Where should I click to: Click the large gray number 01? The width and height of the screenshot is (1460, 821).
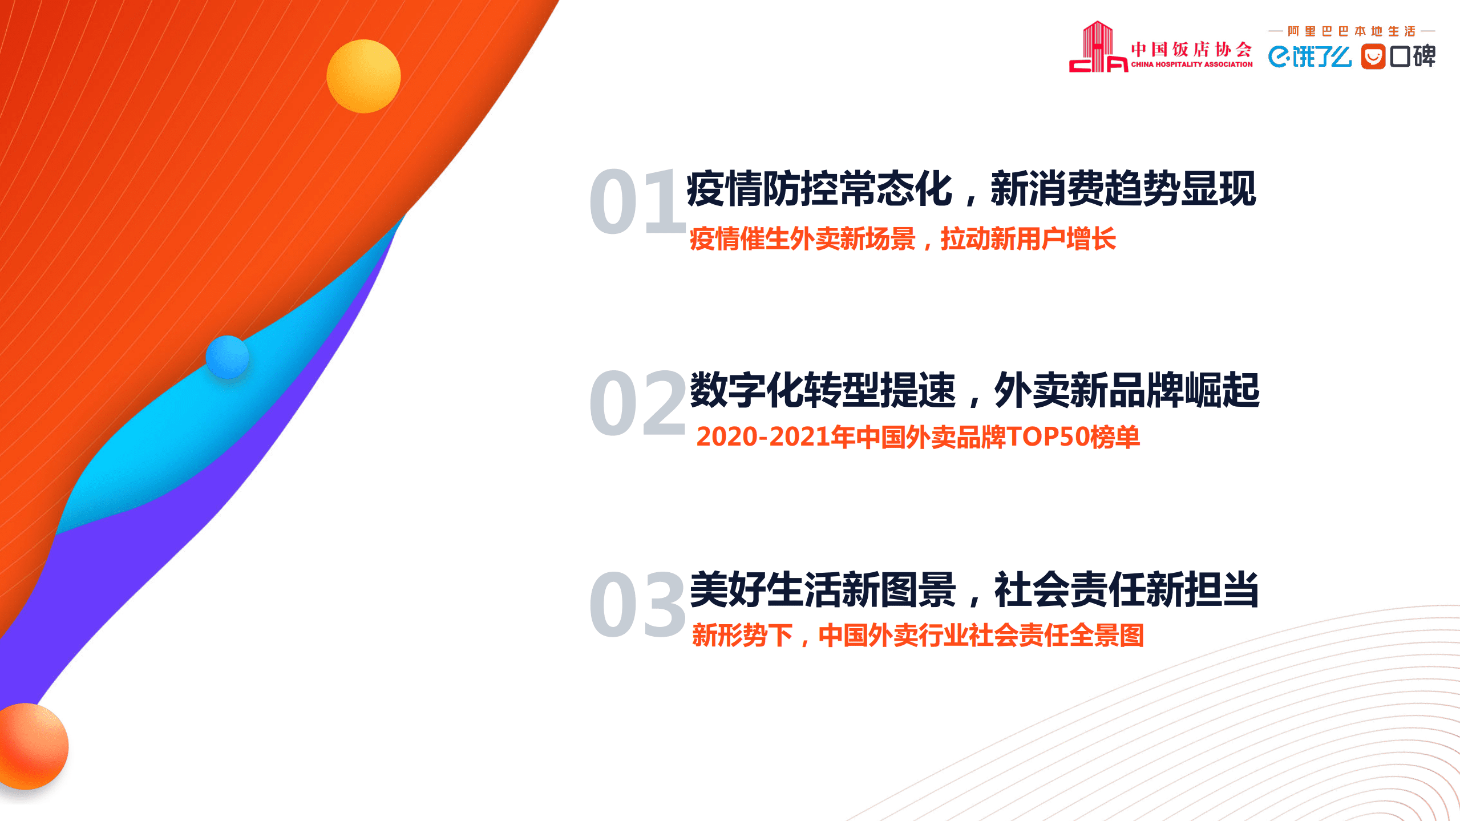click(x=637, y=201)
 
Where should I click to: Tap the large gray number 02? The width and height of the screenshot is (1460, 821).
click(x=637, y=402)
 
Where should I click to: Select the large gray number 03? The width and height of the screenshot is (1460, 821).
click(x=637, y=604)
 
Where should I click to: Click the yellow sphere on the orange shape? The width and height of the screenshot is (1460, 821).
click(x=363, y=76)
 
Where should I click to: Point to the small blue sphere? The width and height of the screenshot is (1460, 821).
click(x=227, y=357)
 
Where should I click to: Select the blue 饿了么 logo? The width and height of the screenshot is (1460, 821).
click(x=1309, y=56)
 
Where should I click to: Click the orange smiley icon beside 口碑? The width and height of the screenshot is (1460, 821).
click(x=1373, y=56)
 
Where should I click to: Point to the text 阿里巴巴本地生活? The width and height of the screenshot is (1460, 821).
click(x=1352, y=31)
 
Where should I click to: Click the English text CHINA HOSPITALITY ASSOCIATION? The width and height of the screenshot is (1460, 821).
click(x=1192, y=64)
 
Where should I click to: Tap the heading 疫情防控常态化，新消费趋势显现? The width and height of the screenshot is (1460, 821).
click(x=971, y=189)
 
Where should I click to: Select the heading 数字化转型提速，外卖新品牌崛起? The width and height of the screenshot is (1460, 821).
click(x=974, y=390)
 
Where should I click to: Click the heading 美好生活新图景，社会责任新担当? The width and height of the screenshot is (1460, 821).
click(x=974, y=590)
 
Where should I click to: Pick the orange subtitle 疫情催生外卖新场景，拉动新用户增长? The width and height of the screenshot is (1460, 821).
click(x=903, y=238)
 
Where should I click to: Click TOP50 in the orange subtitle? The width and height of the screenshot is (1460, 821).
click(x=1048, y=437)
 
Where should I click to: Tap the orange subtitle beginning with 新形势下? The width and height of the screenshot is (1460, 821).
click(x=918, y=636)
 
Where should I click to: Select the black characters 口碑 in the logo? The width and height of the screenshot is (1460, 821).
click(x=1413, y=56)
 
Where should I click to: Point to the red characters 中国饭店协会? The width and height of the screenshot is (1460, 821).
click(x=1191, y=50)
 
